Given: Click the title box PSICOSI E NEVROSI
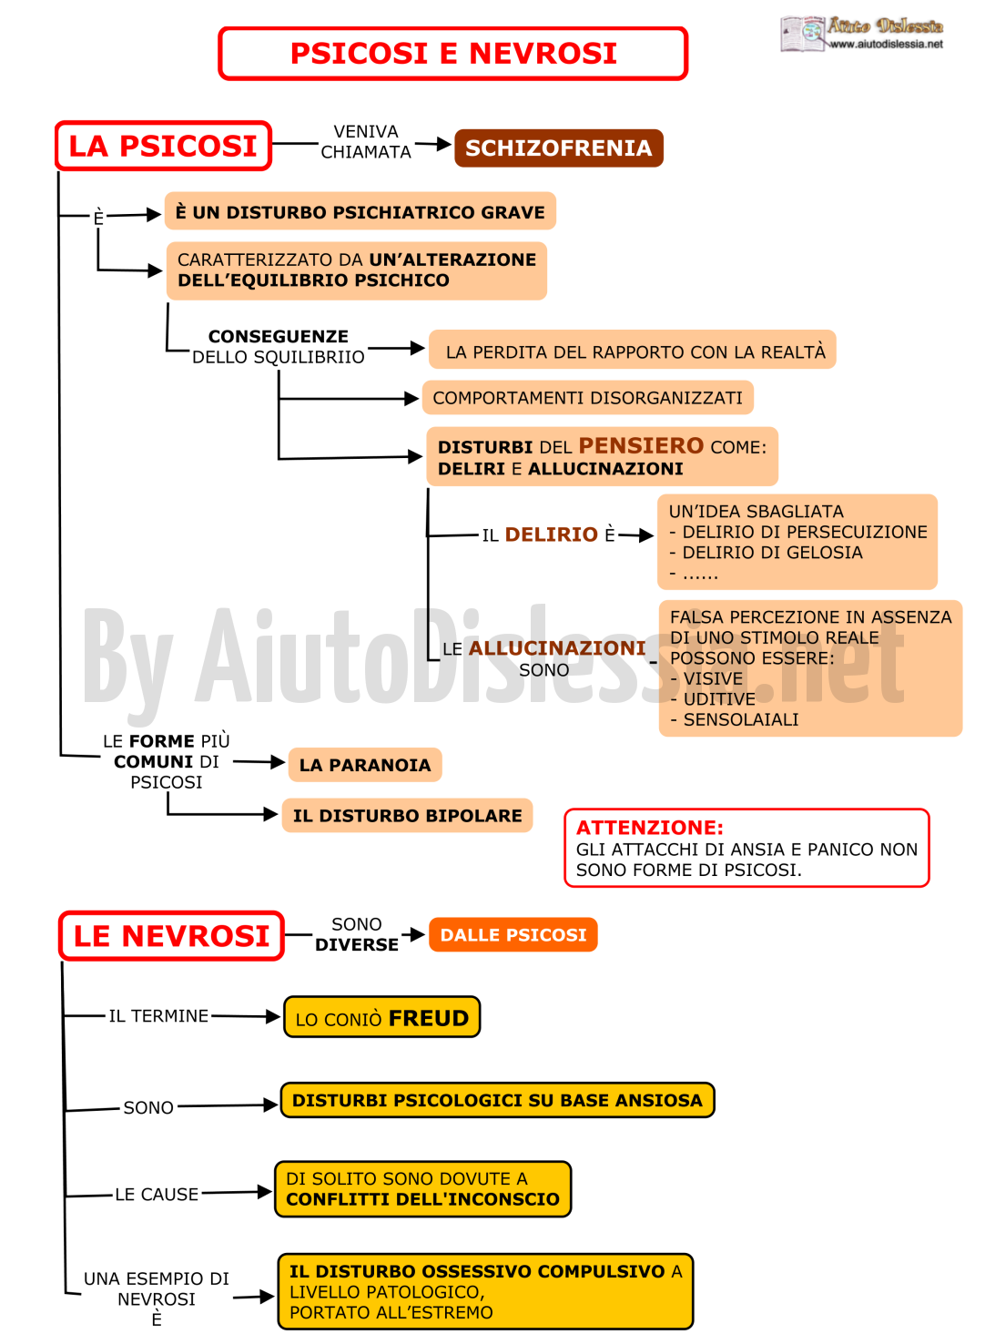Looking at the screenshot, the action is (x=453, y=54).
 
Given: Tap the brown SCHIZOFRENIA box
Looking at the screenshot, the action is (x=558, y=148).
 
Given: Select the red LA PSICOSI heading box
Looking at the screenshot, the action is (x=163, y=146).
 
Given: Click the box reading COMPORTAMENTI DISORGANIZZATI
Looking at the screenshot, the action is (x=587, y=397).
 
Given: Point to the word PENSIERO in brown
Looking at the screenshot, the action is (x=641, y=446).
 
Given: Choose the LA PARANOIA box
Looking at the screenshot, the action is (x=365, y=765).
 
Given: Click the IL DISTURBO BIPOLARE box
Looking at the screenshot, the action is (x=407, y=815).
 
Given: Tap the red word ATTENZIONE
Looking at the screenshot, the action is (x=650, y=828).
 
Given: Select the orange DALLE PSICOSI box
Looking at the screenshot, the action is (x=513, y=934).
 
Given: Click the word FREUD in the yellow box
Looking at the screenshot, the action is (x=428, y=1018).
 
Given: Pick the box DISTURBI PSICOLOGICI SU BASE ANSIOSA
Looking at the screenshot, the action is (x=497, y=1100).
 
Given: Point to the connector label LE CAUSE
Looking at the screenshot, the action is (x=157, y=1194).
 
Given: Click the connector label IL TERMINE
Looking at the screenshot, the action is (x=158, y=1015).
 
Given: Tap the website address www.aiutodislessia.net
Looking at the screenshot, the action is (x=886, y=44).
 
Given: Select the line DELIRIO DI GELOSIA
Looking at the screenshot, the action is (x=766, y=552).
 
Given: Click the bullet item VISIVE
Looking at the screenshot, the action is (x=706, y=678).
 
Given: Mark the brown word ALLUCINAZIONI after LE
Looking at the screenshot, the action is (x=557, y=648).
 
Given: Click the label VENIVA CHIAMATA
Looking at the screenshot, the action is (x=366, y=142).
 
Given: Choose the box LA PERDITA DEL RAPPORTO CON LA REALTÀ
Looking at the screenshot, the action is (x=633, y=349).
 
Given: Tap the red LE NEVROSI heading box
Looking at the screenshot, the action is (x=171, y=935).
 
